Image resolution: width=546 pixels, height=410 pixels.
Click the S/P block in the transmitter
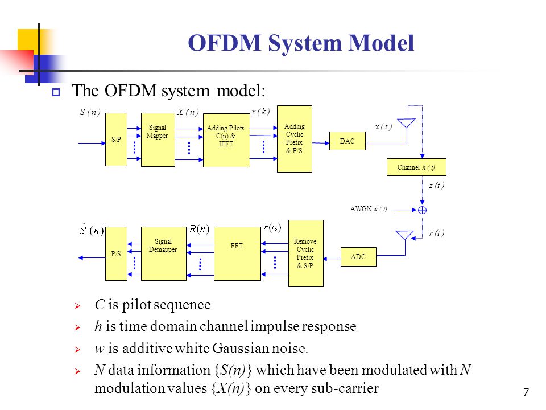116,139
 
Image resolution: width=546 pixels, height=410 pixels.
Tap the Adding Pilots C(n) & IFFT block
226,140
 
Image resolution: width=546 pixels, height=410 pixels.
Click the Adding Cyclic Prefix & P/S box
295,138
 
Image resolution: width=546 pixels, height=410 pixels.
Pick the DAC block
347,141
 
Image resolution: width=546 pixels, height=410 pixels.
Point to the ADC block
358,257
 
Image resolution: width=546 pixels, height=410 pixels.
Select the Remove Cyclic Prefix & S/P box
305,253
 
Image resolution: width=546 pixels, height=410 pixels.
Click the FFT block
237,253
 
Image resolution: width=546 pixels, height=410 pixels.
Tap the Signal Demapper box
163,253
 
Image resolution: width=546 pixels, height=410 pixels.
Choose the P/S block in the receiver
116,253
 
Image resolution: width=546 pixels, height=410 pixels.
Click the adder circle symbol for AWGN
422,210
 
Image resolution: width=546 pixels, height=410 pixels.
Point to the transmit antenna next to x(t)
407,124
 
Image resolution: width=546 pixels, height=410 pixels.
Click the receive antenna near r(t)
404,235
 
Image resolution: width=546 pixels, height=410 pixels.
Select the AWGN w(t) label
369,209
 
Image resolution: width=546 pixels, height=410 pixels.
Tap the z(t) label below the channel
436,186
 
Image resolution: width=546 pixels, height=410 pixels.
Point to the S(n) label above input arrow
90,112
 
